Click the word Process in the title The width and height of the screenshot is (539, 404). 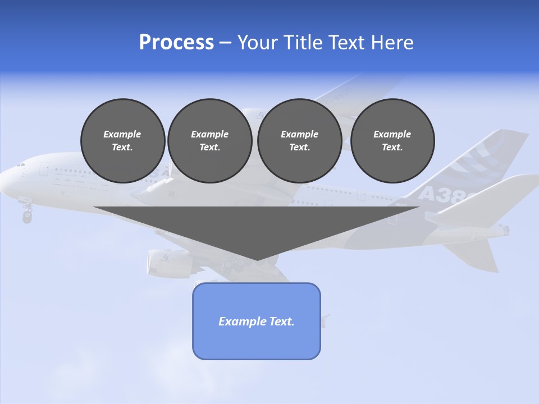(176, 43)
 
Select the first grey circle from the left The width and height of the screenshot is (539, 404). (123, 141)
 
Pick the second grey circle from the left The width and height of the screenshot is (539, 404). (209, 141)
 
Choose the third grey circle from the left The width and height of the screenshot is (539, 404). (299, 141)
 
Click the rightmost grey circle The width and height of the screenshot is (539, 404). (392, 141)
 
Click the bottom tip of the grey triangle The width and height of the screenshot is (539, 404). (257, 259)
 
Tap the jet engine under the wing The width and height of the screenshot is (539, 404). (166, 263)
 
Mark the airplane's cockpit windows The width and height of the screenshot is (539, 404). (20, 165)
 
